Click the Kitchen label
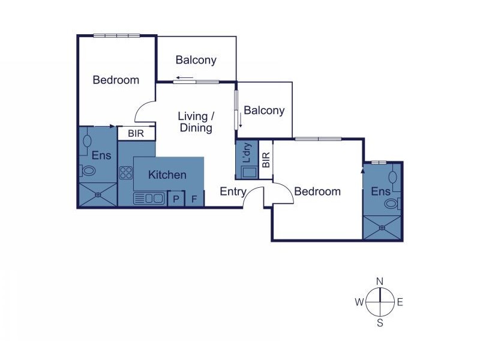pyautogui.click(x=167, y=175)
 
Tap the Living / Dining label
pyautogui.click(x=196, y=122)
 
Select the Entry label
pyautogui.click(x=233, y=191)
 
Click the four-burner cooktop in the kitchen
pyautogui.click(x=126, y=173)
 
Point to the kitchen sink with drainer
pyautogui.click(x=148, y=199)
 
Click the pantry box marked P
pyautogui.click(x=176, y=199)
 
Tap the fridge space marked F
pyautogui.click(x=194, y=199)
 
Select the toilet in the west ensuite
pyautogui.click(x=88, y=170)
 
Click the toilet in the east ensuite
pyautogui.click(x=392, y=203)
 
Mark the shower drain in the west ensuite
pyautogui.click(x=98, y=194)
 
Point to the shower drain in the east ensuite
pyautogui.click(x=382, y=228)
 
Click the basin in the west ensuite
pyautogui.click(x=87, y=140)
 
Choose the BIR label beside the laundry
pyautogui.click(x=266, y=160)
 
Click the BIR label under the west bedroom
pyautogui.click(x=136, y=133)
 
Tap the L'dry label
pyautogui.click(x=247, y=152)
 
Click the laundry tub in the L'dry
pyautogui.click(x=249, y=172)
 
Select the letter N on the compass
pyautogui.click(x=380, y=281)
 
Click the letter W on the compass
pyautogui.click(x=359, y=302)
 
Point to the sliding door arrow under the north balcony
pyautogui.click(x=185, y=78)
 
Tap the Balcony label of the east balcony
pyautogui.click(x=264, y=110)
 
